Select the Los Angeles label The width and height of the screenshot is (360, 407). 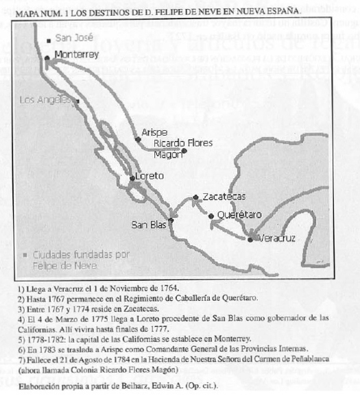[45, 100]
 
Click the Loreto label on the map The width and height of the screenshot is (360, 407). [149, 176]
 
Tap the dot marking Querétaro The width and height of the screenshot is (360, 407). [212, 216]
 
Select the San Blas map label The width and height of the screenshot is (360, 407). [149, 224]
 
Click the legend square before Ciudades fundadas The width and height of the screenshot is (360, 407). [25, 253]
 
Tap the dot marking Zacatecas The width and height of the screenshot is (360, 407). [195, 196]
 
